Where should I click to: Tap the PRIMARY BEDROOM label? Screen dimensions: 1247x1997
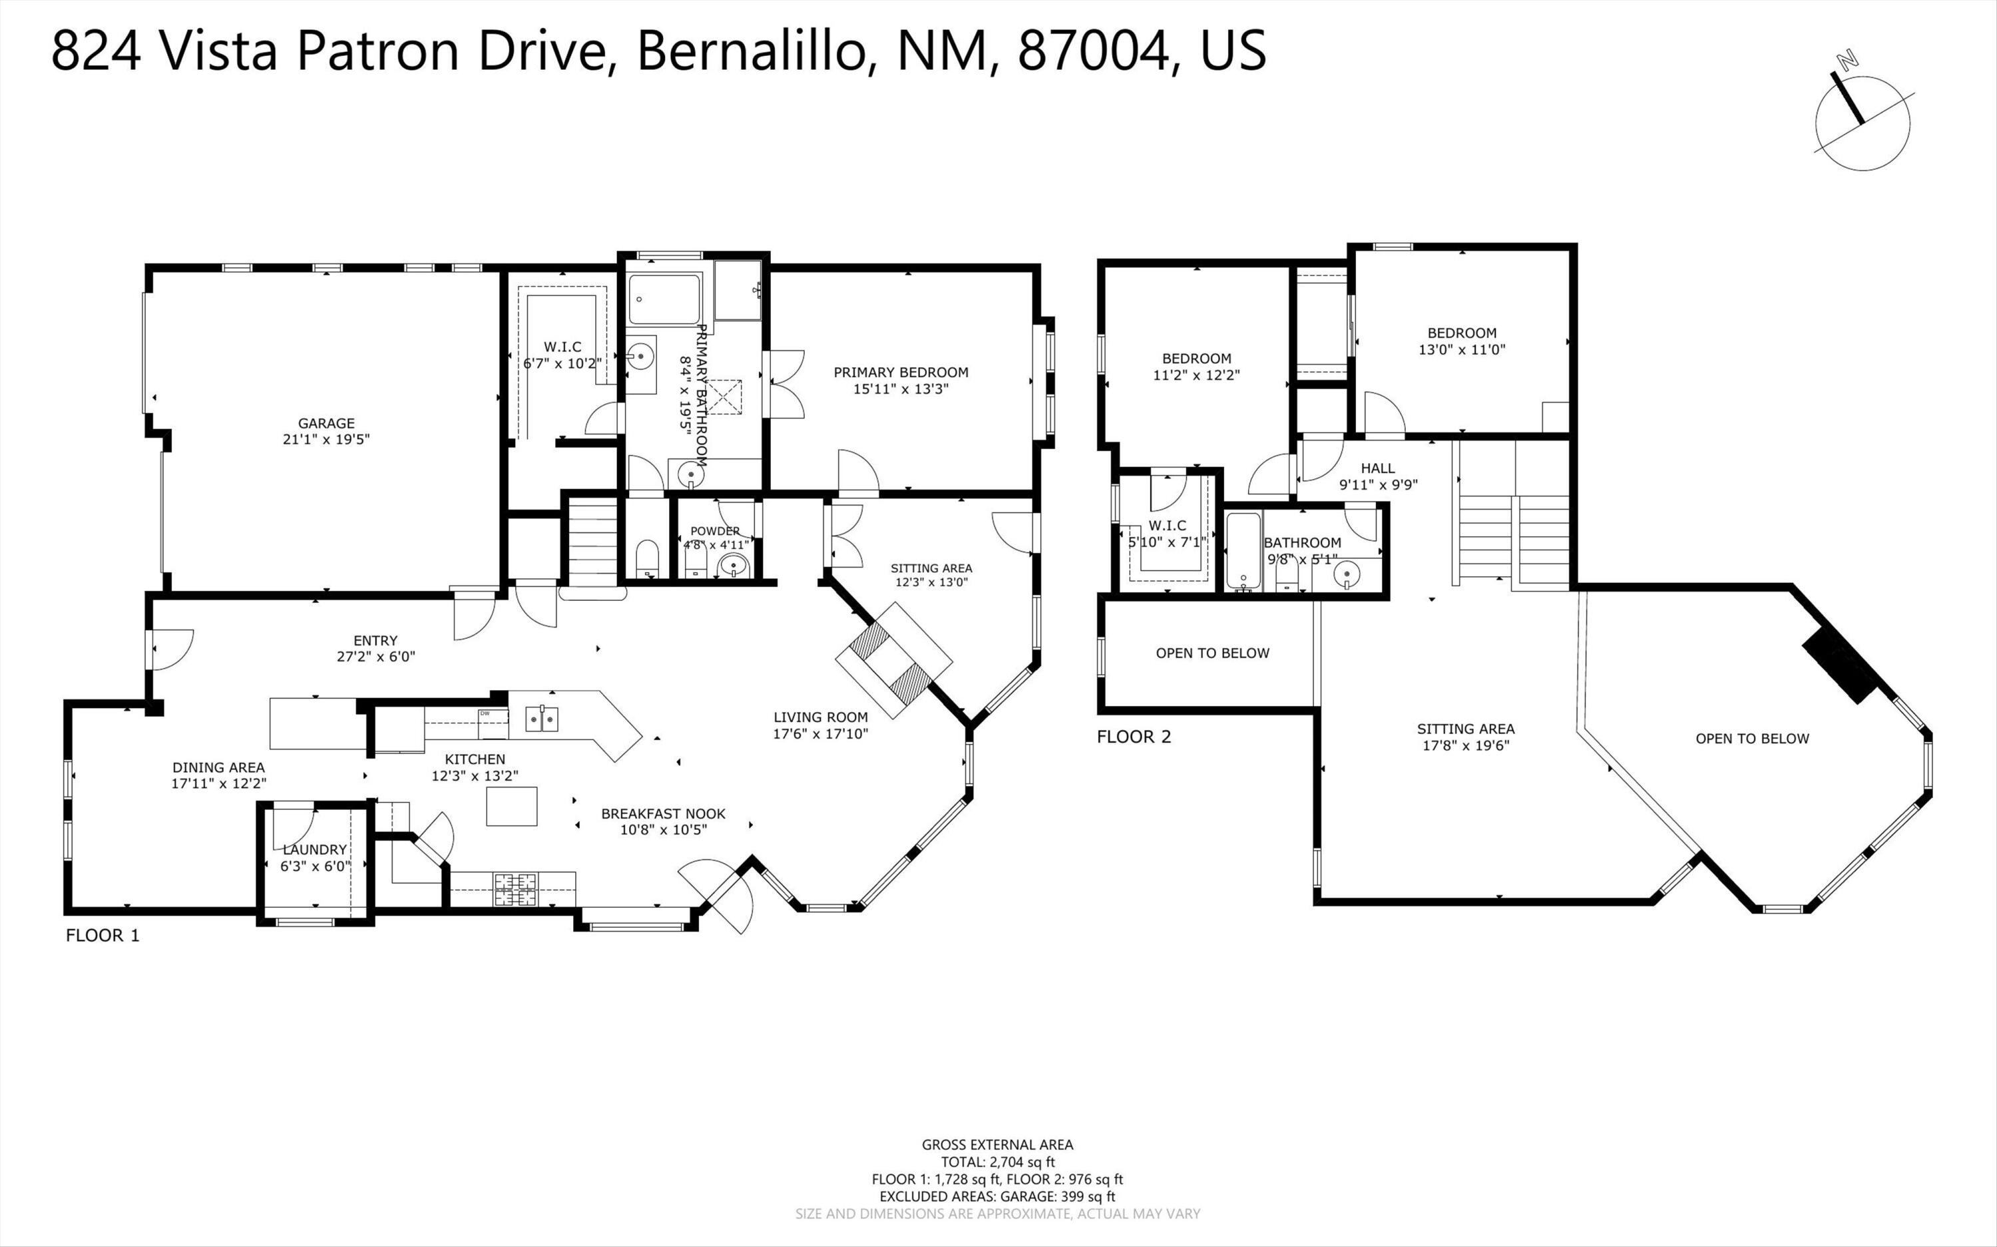tap(901, 372)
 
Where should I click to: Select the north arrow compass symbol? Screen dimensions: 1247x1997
tap(1862, 124)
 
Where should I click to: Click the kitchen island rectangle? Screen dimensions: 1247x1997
tap(511, 806)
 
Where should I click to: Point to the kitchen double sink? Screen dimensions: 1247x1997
tap(542, 719)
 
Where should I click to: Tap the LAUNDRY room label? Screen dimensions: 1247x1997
tap(314, 850)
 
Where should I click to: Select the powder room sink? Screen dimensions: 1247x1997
tap(732, 566)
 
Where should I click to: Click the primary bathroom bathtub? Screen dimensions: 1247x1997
tap(664, 299)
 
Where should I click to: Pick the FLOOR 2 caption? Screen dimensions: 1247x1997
tap(1134, 737)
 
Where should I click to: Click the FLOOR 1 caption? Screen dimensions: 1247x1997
tap(103, 936)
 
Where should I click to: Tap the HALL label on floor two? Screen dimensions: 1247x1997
tap(1377, 468)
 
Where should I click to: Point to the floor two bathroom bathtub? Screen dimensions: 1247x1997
tap(1242, 550)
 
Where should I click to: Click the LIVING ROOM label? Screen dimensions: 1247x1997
tap(820, 717)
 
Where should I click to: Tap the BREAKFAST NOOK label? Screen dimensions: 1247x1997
tap(663, 813)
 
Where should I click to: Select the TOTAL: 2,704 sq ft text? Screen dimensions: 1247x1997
tap(997, 1162)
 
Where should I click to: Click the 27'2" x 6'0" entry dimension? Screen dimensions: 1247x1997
tap(375, 657)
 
